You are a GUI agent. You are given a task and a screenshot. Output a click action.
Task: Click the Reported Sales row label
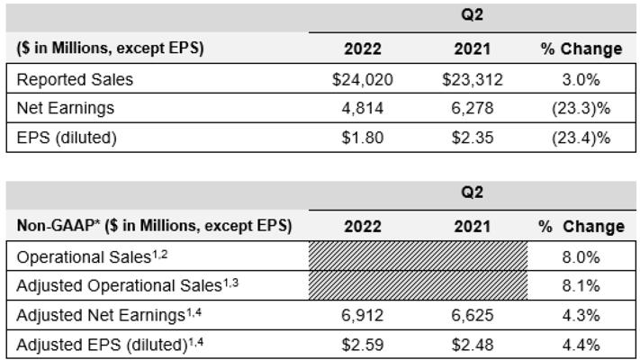point(75,79)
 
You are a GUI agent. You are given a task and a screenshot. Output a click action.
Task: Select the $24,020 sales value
point(363,79)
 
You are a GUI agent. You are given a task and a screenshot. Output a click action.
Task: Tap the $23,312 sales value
point(473,79)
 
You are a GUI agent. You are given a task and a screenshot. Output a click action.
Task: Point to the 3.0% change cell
point(581,79)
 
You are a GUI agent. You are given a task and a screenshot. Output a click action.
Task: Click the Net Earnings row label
point(65,109)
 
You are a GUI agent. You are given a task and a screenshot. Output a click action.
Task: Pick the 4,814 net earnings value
point(363,109)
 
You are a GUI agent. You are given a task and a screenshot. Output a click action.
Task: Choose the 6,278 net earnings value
point(473,109)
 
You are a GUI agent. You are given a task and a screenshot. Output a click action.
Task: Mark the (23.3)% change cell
point(581,109)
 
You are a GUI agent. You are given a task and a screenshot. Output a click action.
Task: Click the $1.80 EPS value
point(363,139)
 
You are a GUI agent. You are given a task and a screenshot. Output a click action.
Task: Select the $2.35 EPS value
point(473,139)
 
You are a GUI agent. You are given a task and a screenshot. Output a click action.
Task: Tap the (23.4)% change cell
point(581,139)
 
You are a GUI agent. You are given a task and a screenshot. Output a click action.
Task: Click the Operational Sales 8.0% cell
point(581,256)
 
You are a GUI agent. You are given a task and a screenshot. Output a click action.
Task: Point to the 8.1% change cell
point(581,286)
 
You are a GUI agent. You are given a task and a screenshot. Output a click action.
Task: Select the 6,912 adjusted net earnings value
point(363,316)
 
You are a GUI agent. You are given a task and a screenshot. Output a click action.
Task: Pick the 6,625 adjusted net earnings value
point(473,316)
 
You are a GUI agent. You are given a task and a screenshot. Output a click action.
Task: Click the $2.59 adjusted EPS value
point(363,345)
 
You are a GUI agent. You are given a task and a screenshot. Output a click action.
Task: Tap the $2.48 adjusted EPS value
point(473,345)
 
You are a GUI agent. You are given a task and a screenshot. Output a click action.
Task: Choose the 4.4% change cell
point(581,345)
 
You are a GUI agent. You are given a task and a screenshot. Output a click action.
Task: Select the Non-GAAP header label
point(154,226)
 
